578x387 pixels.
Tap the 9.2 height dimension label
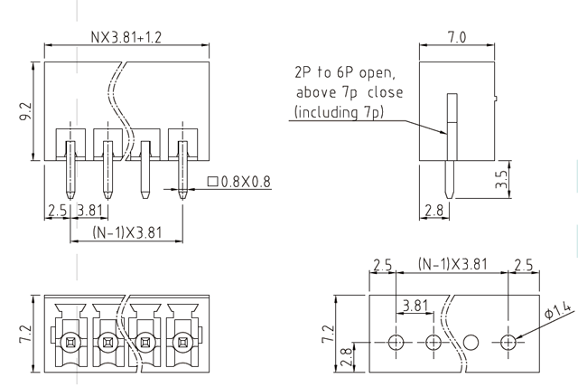(x=27, y=111)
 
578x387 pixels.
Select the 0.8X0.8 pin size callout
(x=239, y=182)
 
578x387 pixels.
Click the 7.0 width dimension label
(x=456, y=38)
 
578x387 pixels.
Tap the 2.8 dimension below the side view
(x=434, y=211)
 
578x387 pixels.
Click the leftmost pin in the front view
(x=69, y=172)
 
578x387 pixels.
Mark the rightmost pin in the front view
(x=182, y=172)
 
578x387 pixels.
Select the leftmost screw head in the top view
(x=69, y=342)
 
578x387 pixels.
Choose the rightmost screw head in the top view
(x=182, y=342)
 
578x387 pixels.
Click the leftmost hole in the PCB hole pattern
(x=396, y=343)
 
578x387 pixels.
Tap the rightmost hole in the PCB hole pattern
(x=508, y=343)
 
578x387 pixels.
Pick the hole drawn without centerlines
(x=471, y=343)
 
